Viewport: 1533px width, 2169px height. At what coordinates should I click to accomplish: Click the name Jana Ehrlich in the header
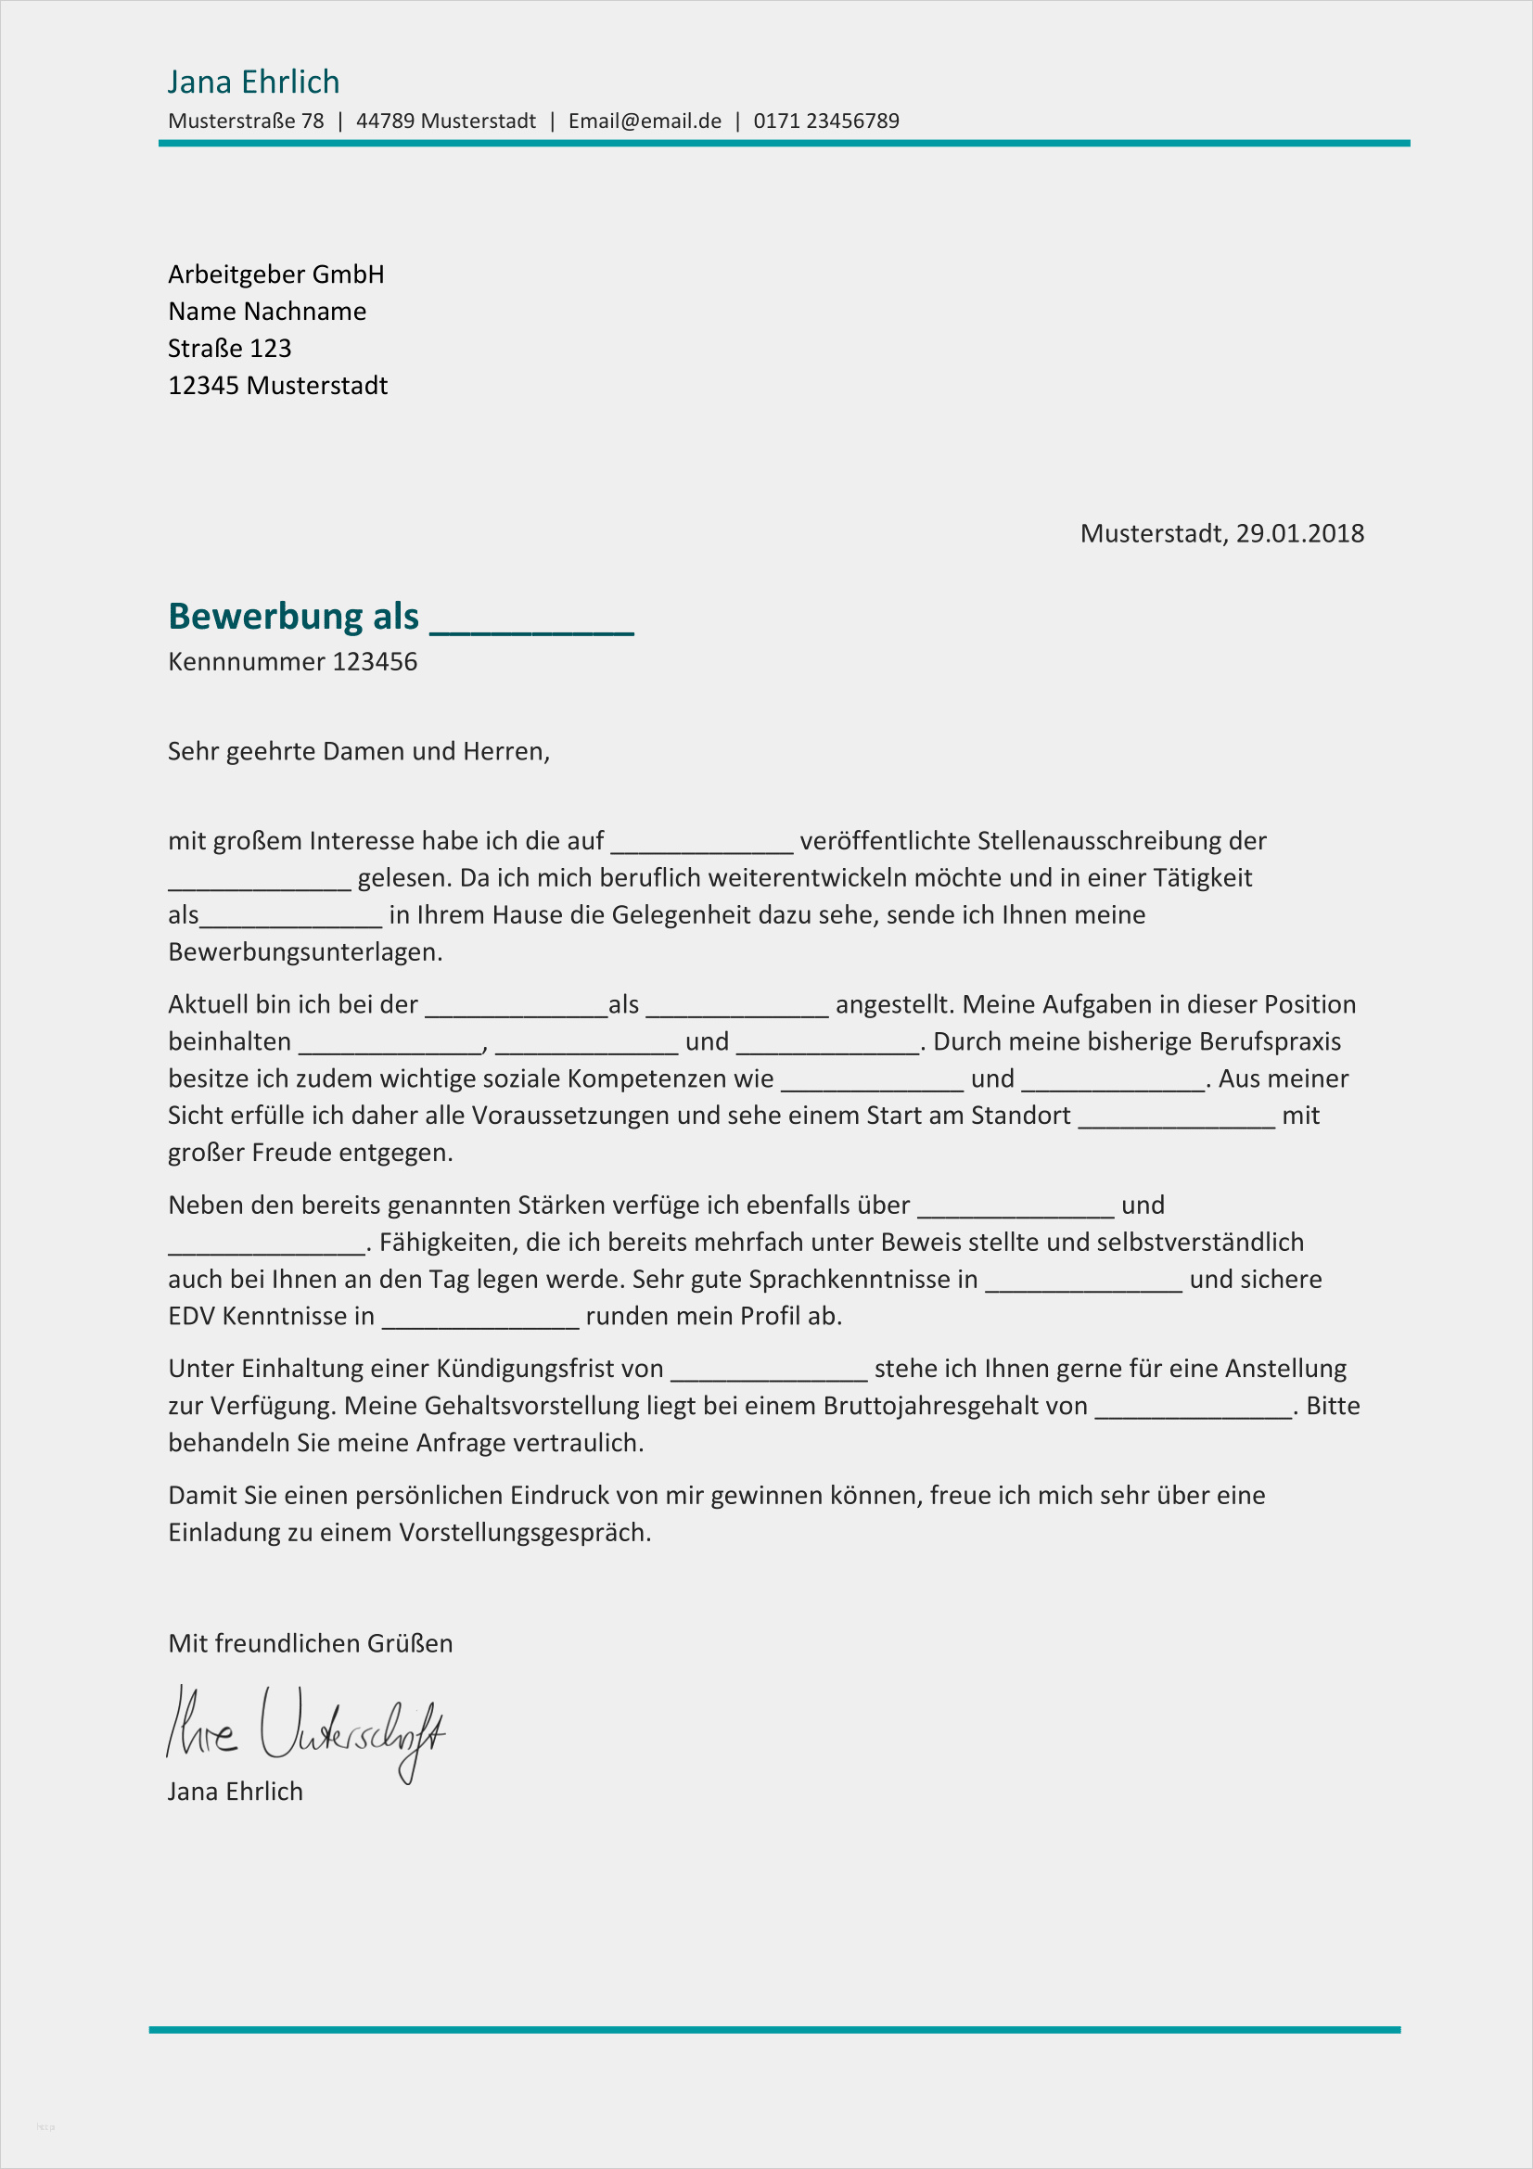coord(253,83)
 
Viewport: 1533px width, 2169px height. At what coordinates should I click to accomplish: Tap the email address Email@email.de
coord(645,121)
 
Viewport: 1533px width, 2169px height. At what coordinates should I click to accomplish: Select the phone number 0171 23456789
coord(825,121)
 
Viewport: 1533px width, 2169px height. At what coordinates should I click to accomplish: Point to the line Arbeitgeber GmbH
coord(275,274)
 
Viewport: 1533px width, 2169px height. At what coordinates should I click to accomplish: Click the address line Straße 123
coord(229,349)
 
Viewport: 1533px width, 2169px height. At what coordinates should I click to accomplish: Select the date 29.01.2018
coord(1299,534)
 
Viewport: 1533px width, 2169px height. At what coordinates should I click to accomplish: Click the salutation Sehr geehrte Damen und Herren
coord(358,751)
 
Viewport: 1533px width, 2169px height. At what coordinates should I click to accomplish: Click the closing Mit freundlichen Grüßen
coord(310,1643)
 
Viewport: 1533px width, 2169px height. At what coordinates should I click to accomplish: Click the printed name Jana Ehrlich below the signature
coord(236,1792)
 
